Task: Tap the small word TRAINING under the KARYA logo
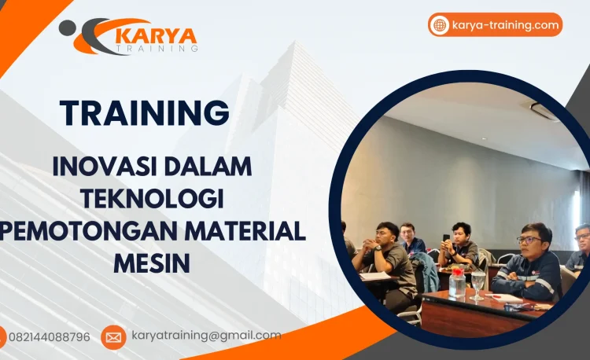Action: (157, 49)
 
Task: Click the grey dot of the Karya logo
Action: (68, 28)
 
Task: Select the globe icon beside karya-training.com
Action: (440, 25)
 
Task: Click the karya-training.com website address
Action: (506, 25)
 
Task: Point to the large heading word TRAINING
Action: (145, 113)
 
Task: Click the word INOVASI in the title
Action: (101, 167)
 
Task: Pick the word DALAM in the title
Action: (206, 167)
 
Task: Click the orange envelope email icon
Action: (113, 337)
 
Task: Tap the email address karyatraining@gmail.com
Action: (206, 336)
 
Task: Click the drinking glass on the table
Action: (478, 285)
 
